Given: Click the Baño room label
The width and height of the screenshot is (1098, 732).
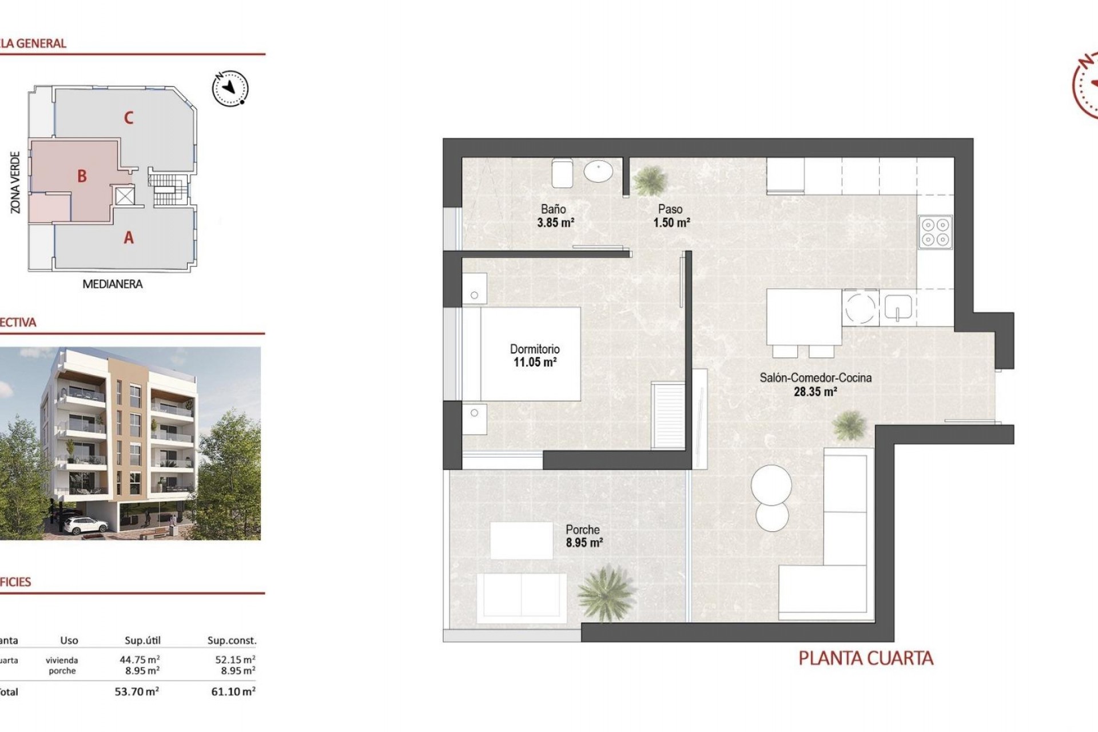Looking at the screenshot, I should [x=553, y=209].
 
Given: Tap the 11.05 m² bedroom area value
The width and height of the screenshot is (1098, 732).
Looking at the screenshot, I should [x=535, y=362].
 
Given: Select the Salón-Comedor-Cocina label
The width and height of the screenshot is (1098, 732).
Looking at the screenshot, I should [x=815, y=377].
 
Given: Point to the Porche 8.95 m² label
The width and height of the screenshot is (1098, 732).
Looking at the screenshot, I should [x=583, y=536].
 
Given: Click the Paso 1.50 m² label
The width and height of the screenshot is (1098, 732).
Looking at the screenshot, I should [x=671, y=216].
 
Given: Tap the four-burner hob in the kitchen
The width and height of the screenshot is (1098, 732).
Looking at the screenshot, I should [x=935, y=232].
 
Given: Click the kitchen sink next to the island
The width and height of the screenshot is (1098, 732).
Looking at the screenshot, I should [x=898, y=308].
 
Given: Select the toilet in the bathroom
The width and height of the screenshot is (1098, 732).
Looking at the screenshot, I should [x=562, y=173].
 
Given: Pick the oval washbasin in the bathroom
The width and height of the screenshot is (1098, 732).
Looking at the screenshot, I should [x=598, y=170].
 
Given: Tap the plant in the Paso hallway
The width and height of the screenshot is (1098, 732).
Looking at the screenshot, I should [x=650, y=181].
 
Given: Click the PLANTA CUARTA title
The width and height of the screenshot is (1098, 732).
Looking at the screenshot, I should [x=866, y=658].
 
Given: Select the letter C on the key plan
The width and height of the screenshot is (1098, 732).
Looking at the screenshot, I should [x=129, y=118].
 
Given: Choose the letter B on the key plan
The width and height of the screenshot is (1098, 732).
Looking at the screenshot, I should [x=82, y=176].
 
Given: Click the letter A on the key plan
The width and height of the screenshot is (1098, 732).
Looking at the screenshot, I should [x=129, y=237].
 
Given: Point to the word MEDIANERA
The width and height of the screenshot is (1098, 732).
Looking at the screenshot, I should [x=113, y=284].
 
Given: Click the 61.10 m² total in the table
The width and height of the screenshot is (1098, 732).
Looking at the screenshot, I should [x=233, y=691].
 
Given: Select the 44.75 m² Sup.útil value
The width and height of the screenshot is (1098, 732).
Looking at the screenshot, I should [x=140, y=659].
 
